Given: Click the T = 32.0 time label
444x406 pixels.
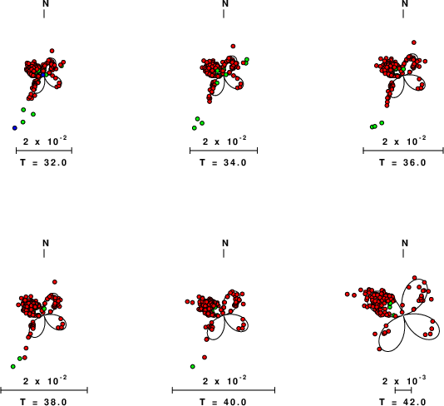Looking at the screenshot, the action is (x=43, y=162).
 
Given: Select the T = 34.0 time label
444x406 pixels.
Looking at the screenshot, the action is (x=223, y=162).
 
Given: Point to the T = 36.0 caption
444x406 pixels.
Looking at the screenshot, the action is (x=402, y=162).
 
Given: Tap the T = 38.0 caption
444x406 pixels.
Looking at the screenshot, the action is (x=43, y=402).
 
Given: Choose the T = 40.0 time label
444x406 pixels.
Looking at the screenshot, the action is (x=223, y=402).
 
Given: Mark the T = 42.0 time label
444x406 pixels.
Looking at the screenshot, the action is (x=402, y=402).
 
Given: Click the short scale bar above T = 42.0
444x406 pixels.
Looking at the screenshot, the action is (x=403, y=390).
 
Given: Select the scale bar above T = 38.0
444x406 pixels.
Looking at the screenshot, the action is (x=44, y=390).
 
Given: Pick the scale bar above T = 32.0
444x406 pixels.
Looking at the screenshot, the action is (x=44, y=151).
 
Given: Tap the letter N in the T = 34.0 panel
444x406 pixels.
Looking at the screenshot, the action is (x=225, y=3).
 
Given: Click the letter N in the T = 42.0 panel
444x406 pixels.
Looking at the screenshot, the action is (x=405, y=243).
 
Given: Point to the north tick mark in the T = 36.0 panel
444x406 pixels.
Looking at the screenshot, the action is (x=403, y=13).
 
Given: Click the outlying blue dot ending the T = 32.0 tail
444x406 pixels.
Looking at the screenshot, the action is (x=15, y=128).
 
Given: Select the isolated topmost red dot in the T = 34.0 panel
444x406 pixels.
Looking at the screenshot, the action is (x=233, y=47).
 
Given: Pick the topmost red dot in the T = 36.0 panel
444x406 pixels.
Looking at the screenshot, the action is (x=414, y=42).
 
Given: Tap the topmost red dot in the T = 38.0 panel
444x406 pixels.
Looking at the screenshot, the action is (x=55, y=282).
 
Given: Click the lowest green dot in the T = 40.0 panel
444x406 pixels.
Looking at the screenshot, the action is (x=193, y=367).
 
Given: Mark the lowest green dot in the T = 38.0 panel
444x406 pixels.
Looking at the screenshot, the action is (x=13, y=367).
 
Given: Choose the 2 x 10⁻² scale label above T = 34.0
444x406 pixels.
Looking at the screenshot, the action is (x=224, y=141).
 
